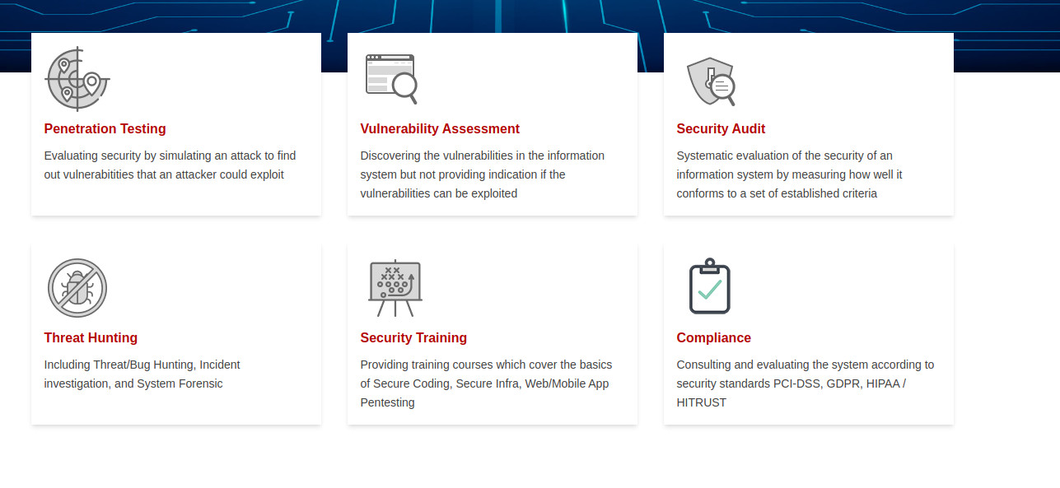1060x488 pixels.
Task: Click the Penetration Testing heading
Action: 105,128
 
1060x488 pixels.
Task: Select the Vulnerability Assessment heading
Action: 440,128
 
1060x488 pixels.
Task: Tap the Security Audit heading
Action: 721,128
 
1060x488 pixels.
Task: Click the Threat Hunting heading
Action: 91,337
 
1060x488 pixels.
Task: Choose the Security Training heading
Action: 413,337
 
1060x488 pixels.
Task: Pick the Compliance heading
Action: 713,337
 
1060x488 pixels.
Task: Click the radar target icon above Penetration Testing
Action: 77,79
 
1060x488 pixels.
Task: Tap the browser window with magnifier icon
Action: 392,79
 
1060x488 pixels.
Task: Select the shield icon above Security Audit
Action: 711,81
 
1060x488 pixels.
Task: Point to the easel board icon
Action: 395,287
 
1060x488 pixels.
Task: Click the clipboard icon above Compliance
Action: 709,286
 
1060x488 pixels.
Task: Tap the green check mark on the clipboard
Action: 710,290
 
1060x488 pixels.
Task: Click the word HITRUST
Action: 701,402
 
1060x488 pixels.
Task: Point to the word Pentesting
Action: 388,402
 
